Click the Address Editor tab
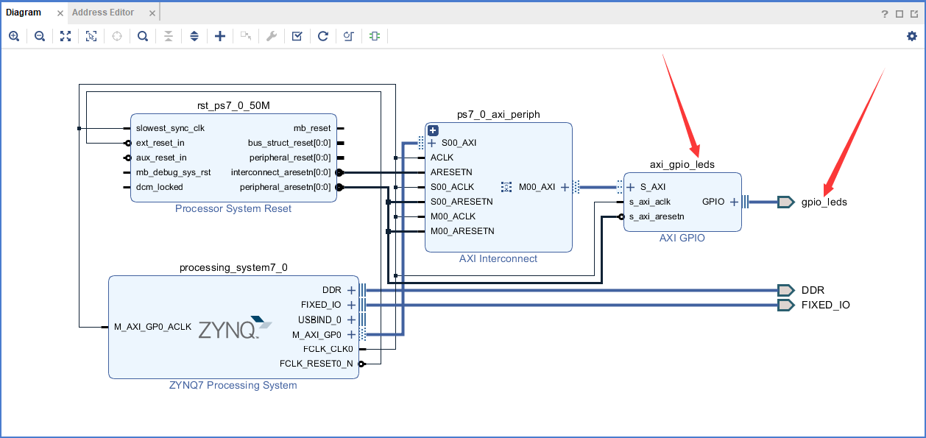(x=103, y=13)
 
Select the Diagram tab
(x=24, y=13)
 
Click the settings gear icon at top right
(x=912, y=36)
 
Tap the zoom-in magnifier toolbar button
(x=14, y=36)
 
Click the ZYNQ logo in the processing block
(x=235, y=328)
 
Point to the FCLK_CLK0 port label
(x=328, y=349)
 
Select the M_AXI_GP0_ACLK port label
(x=152, y=327)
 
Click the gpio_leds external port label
(x=824, y=202)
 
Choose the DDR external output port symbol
(x=785, y=290)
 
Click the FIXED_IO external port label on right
(x=825, y=305)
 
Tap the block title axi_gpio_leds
(x=682, y=164)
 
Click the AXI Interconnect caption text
(x=498, y=258)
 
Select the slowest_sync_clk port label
(x=170, y=128)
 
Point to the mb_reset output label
(x=312, y=128)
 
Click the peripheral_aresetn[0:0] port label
(x=285, y=187)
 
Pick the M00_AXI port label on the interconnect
(x=537, y=187)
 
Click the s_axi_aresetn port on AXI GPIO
(x=657, y=216)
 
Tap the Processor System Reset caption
(x=233, y=208)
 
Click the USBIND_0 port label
(x=319, y=319)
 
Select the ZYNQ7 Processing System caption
(x=233, y=385)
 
